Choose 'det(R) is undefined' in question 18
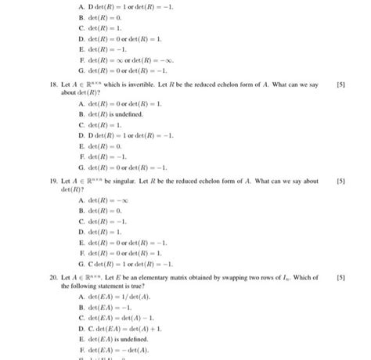[117, 113]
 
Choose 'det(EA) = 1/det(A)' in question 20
[117, 298]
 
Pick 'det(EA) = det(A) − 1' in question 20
[121, 319]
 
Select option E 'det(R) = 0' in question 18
[106, 146]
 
